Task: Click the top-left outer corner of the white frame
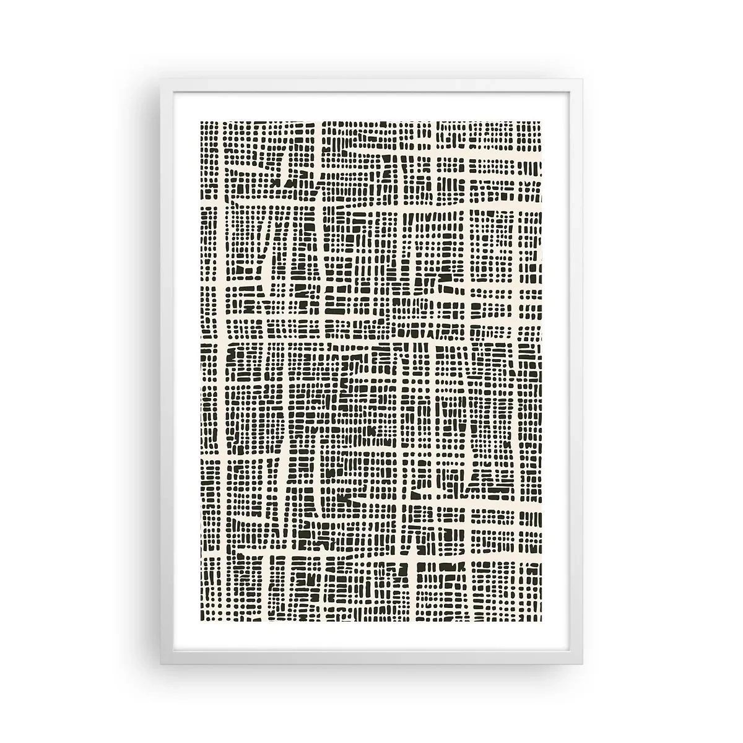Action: (x=160, y=79)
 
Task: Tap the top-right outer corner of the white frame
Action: (x=582, y=79)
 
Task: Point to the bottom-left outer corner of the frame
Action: (x=160, y=664)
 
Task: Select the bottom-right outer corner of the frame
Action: (x=582, y=664)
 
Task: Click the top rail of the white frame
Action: (x=371, y=85)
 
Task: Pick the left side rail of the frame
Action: (x=167, y=371)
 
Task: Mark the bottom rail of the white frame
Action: (x=371, y=658)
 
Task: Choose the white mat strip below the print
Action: (x=371, y=637)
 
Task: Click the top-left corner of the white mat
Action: (x=173, y=92)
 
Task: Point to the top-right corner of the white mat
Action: (x=570, y=92)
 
